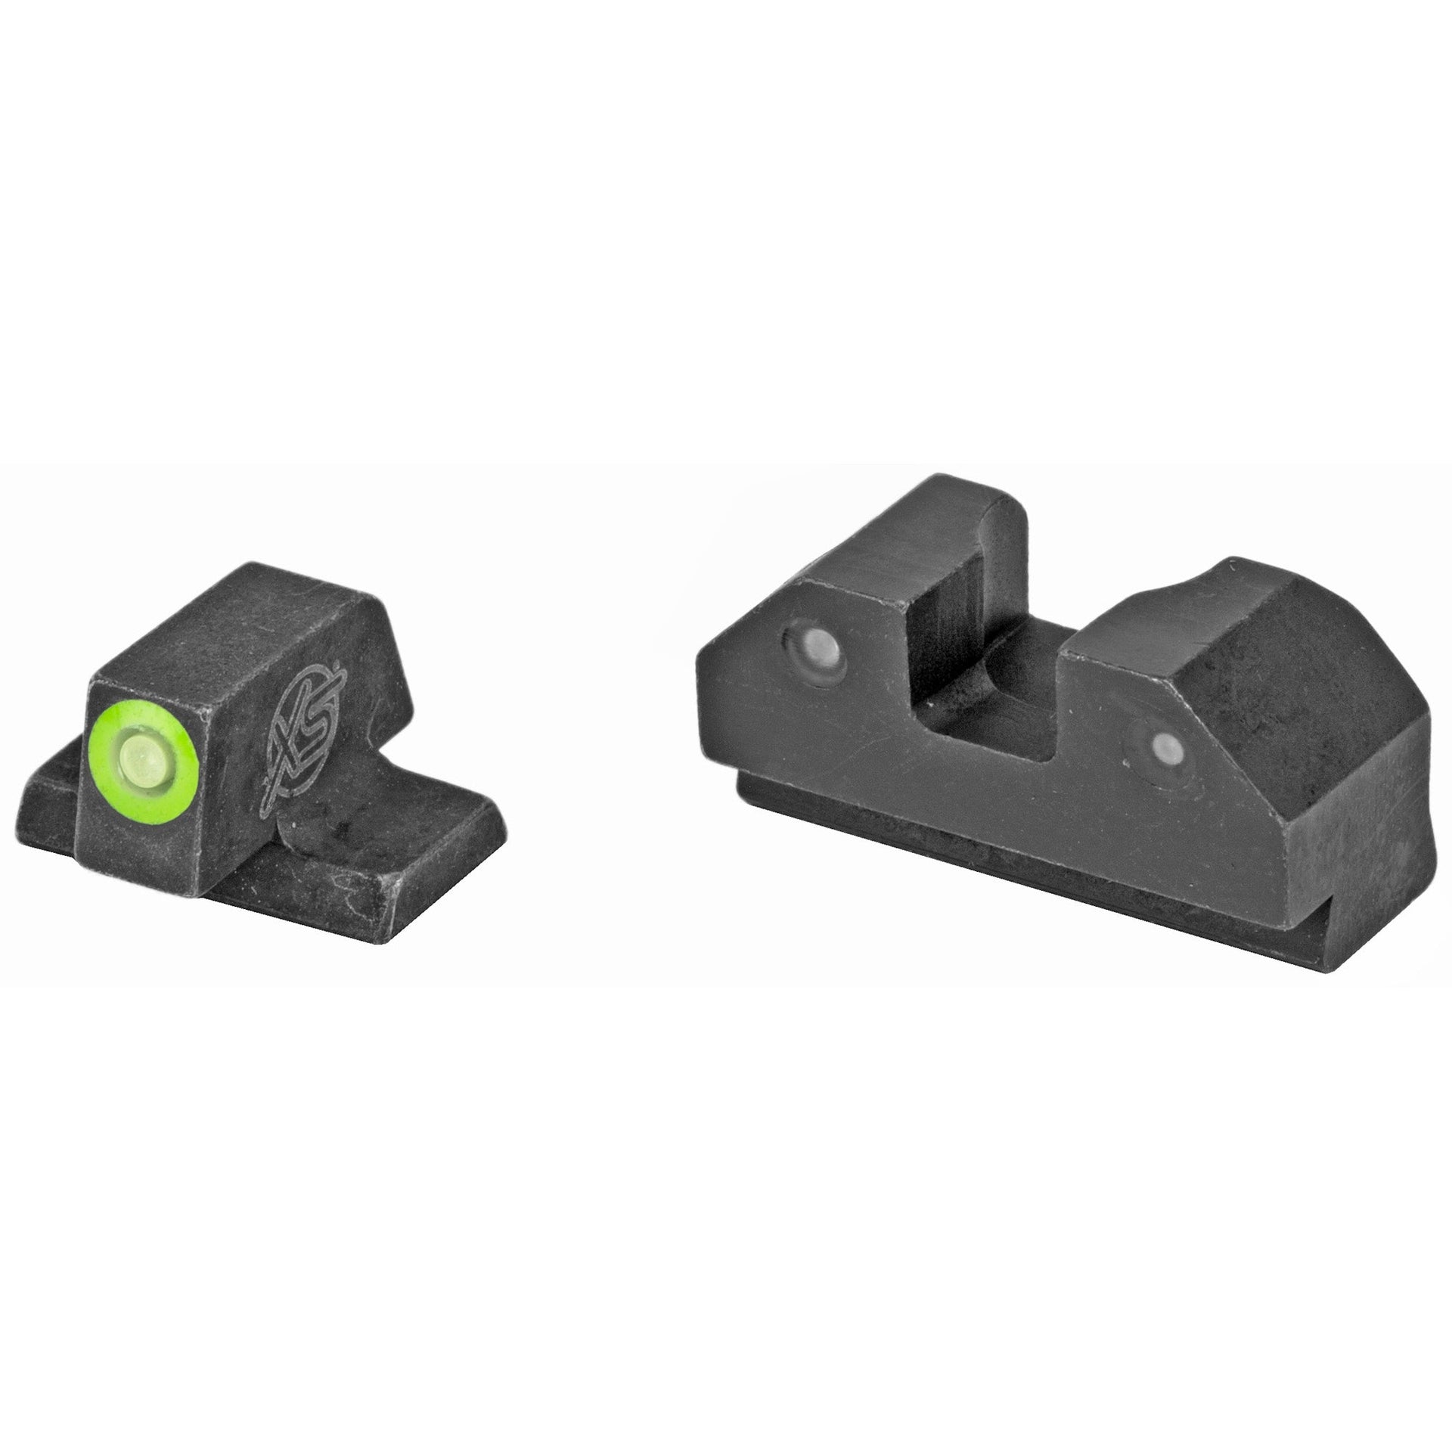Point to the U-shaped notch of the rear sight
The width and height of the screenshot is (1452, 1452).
pos(991,665)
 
